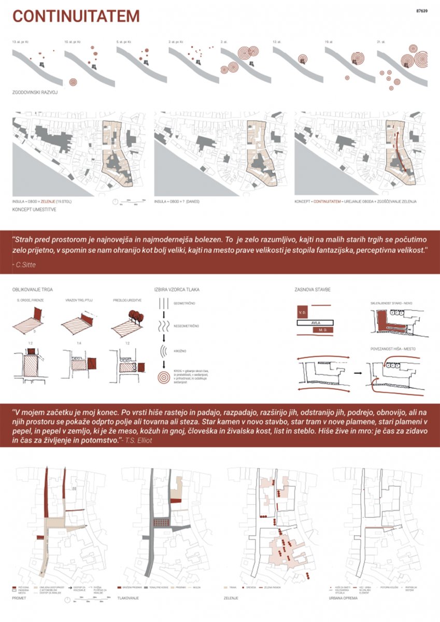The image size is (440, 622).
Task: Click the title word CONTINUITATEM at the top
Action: point(76,17)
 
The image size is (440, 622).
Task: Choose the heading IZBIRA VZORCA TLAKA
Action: point(174,289)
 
